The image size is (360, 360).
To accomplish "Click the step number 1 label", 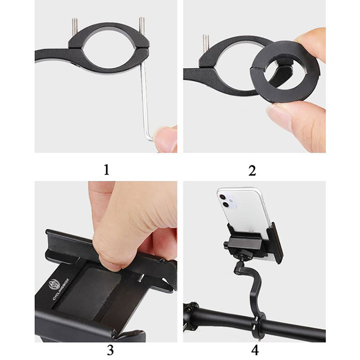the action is click(x=107, y=170).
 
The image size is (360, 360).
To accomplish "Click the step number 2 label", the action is click(x=252, y=171).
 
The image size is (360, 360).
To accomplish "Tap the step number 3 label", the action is click(x=110, y=350).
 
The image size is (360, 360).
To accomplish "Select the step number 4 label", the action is click(x=255, y=350).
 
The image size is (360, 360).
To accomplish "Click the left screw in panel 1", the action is click(x=75, y=27).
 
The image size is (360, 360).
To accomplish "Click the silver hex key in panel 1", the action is click(x=146, y=101).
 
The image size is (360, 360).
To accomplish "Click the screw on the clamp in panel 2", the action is click(x=206, y=43).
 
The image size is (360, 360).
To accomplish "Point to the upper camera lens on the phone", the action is click(x=222, y=197).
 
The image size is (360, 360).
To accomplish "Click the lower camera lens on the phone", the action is click(x=226, y=205).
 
